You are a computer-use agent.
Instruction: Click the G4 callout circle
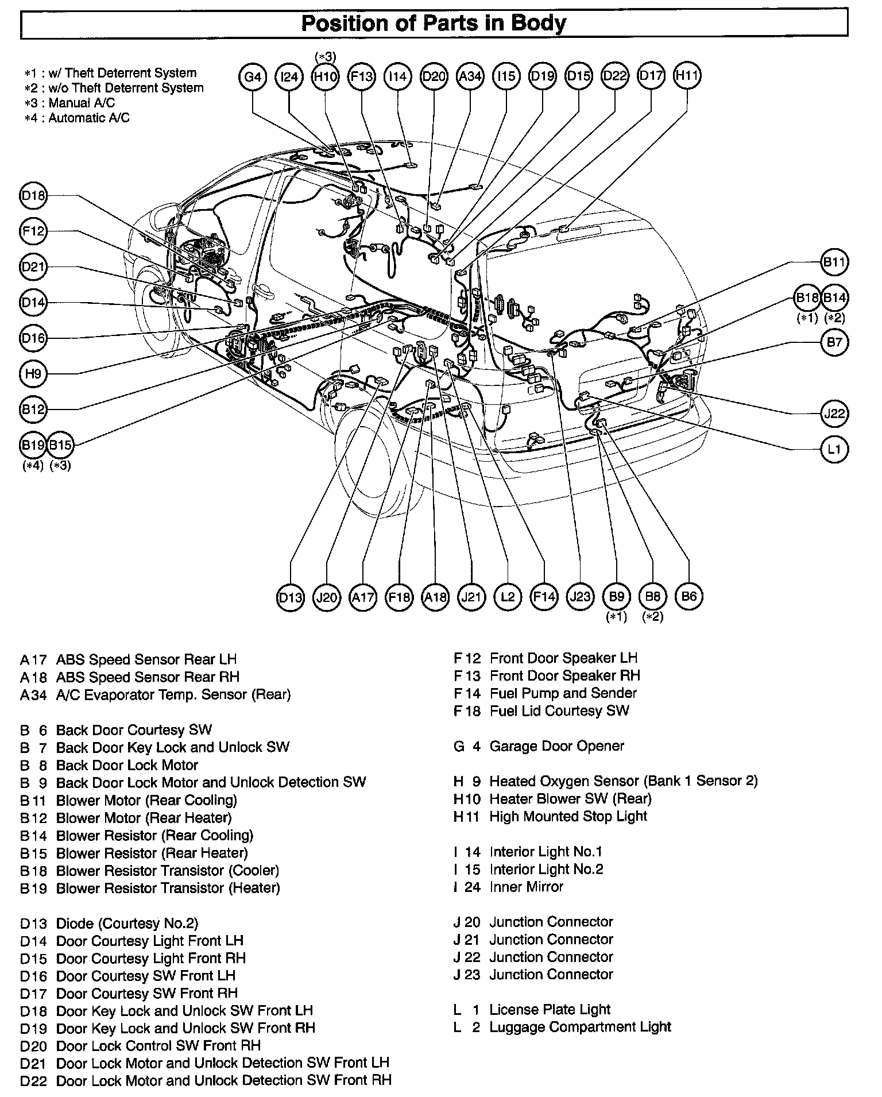[253, 76]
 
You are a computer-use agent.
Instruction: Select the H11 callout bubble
[687, 76]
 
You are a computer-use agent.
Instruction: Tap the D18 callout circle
[33, 196]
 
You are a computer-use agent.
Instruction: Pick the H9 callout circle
[33, 374]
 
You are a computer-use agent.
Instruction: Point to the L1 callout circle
[834, 449]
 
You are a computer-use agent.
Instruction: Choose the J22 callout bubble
[834, 413]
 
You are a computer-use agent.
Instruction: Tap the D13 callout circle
[291, 597]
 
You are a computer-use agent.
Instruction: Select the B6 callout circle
[688, 597]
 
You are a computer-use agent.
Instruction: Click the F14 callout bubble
[544, 597]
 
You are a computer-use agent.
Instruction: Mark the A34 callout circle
[470, 76]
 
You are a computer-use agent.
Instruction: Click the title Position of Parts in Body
[434, 24]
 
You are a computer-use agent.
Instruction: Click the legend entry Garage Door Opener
[556, 746]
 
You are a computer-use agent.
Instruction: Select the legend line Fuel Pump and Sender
[563, 693]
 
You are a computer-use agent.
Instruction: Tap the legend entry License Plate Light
[549, 1009]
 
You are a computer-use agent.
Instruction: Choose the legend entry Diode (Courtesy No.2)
[126, 923]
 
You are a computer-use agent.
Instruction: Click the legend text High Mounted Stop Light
[568, 816]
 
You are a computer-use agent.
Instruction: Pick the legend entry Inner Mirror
[526, 886]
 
